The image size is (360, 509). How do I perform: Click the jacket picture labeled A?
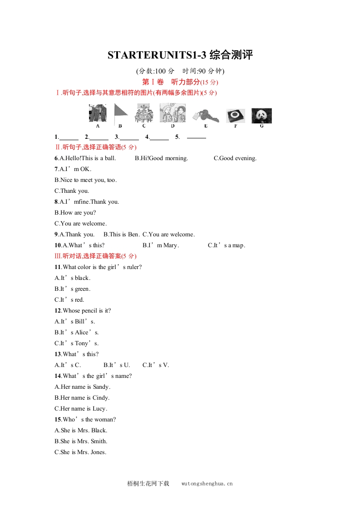point(98,113)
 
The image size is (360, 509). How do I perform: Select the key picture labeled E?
point(205,115)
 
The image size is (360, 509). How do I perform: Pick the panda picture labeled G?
point(261,115)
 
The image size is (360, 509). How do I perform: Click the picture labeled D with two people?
point(173,113)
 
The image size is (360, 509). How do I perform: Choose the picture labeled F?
point(236,115)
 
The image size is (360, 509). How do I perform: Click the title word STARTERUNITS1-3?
point(157,55)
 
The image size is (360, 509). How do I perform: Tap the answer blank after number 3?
point(129,137)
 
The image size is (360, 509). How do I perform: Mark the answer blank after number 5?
point(196,137)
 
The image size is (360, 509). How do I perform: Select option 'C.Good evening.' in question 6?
point(235,158)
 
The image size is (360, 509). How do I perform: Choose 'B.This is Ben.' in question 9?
point(122,235)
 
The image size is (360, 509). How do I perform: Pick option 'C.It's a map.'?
point(227,245)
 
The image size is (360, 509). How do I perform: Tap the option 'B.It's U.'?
point(117,365)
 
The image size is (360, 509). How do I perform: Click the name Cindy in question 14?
point(100,398)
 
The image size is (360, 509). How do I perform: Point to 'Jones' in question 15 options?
point(98,452)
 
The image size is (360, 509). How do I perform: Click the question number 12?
point(58,311)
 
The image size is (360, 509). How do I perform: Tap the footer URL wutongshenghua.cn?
point(207,484)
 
